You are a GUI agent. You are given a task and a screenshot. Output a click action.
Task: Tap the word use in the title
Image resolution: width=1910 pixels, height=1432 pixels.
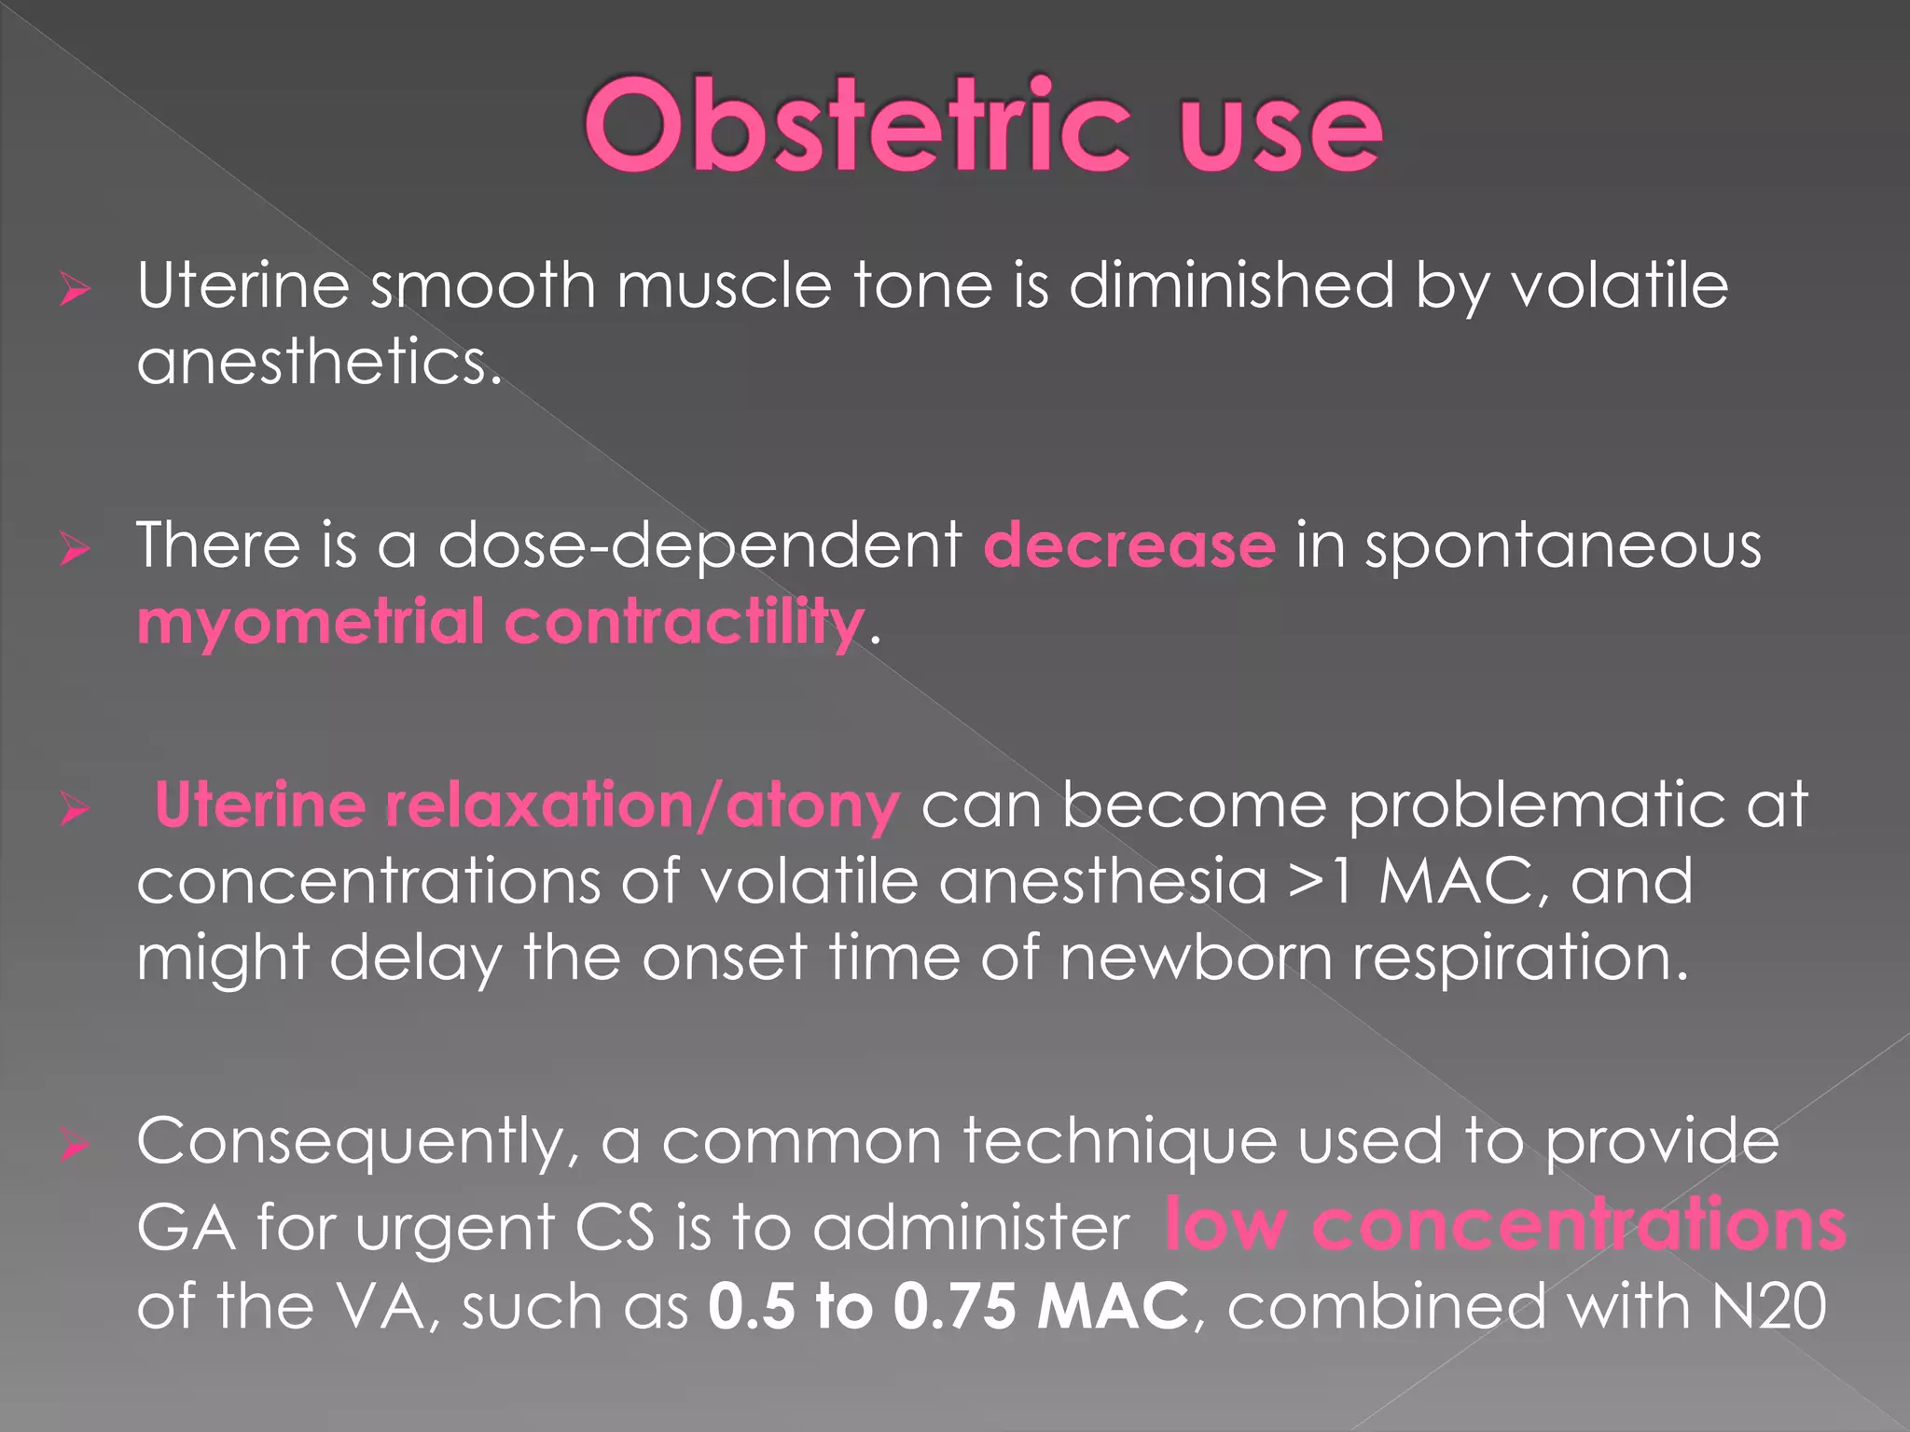(1280, 131)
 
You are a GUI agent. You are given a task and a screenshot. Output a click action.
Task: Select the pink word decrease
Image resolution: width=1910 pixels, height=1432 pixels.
(1128, 545)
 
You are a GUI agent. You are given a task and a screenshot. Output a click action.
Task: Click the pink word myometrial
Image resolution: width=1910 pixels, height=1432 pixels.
(311, 623)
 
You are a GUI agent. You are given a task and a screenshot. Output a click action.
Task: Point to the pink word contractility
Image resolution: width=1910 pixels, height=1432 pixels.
(684, 621)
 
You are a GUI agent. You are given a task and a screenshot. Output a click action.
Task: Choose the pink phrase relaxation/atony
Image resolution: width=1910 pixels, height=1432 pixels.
(642, 805)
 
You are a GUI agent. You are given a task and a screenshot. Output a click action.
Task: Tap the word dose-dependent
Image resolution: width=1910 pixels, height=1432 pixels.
(699, 545)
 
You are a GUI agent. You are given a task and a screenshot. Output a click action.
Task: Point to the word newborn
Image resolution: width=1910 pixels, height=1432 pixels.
(1197, 957)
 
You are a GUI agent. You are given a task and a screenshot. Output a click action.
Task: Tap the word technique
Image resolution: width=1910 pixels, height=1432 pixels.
(1119, 1143)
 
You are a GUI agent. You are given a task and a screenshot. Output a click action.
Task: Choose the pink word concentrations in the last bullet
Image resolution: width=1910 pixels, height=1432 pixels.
(1578, 1225)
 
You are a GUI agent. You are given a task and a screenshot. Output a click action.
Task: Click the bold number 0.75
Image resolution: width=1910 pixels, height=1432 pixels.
(954, 1305)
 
